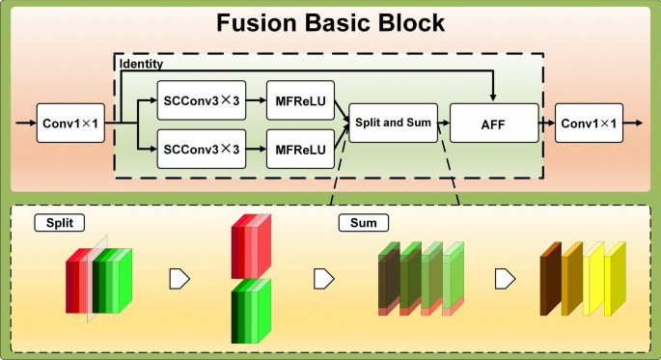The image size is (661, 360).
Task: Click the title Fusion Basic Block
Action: tap(330, 23)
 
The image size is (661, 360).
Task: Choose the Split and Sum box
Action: tap(391, 124)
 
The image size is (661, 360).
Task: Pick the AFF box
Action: tap(492, 124)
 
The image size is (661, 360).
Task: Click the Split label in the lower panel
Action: tap(59, 223)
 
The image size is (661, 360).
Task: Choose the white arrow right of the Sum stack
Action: tap(503, 279)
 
